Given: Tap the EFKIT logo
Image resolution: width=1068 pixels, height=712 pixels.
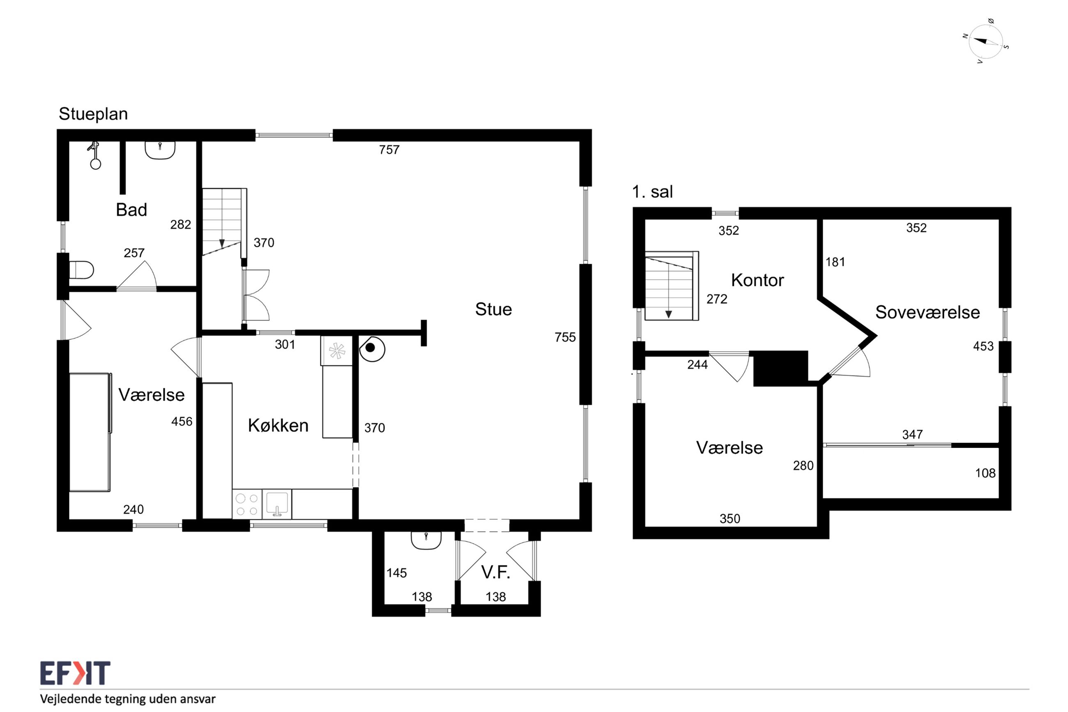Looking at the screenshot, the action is point(75,673).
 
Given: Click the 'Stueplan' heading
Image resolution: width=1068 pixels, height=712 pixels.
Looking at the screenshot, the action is point(93,114).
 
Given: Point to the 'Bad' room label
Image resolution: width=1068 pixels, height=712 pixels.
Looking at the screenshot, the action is point(131,210).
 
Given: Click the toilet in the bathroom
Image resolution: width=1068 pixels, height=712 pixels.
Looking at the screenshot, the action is point(81,270).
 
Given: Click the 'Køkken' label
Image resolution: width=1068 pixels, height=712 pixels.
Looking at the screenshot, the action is point(278,426).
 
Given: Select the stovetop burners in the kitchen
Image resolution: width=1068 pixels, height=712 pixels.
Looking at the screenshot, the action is point(247,505).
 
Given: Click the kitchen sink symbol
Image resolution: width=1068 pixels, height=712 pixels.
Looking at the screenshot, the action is point(276,505).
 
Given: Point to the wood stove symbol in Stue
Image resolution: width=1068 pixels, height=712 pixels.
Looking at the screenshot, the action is point(372,348).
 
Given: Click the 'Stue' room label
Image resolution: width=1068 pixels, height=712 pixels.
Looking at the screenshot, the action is point(493,309).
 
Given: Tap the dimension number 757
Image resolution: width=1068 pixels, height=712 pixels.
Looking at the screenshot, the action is point(389,150).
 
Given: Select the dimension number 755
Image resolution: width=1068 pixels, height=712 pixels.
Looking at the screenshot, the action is point(565,337).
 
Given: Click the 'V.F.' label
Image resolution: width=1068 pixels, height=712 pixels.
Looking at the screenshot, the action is point(496,572).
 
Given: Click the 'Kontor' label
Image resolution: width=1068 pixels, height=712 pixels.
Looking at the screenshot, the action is point(757,280).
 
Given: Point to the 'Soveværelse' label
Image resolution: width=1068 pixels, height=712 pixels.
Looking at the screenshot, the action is point(927,312).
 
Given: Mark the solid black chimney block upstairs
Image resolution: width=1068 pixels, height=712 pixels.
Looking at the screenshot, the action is point(781,368).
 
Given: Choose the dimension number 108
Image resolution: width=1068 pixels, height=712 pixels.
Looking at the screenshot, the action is point(985,473).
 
